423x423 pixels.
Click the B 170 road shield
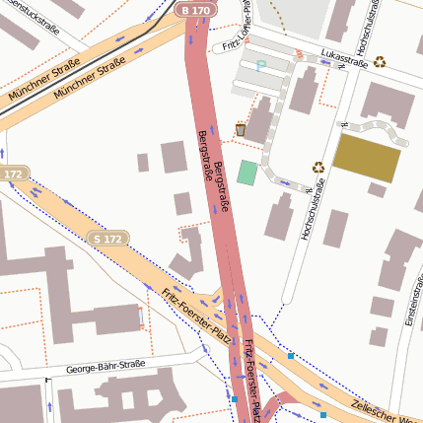pos(196,10)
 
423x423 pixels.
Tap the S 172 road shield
pos(107,239)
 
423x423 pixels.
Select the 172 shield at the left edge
pos(13,175)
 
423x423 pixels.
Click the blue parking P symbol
pos(261,66)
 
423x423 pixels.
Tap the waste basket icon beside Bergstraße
pos(241,129)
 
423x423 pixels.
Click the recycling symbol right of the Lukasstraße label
pos(379,61)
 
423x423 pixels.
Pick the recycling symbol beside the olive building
pos(318,168)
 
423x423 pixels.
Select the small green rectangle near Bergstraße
pos(247,173)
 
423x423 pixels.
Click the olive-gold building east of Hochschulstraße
pos(367,158)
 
